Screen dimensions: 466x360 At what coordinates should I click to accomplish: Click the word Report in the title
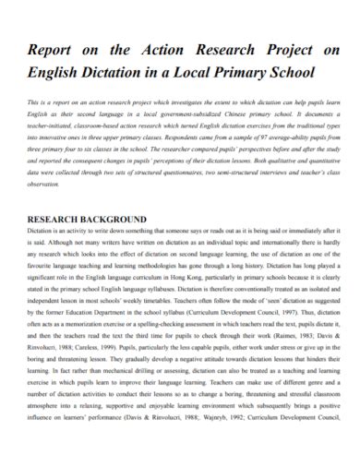[x=56, y=51]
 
